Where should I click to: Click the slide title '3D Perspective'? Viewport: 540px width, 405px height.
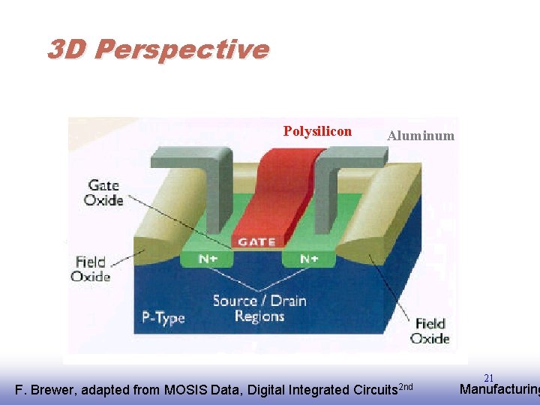(x=157, y=49)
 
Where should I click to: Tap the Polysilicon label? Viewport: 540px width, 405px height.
(x=317, y=131)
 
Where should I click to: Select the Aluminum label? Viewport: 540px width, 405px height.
(x=420, y=136)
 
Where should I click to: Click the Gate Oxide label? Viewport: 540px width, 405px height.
(x=103, y=192)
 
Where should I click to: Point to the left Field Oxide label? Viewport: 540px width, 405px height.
(x=91, y=268)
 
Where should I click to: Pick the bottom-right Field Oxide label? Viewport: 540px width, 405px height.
(x=430, y=330)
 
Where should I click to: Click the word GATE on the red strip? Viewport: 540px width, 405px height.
(x=256, y=241)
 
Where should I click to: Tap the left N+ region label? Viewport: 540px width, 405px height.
(x=208, y=259)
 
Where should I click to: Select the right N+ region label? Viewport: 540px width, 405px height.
(x=308, y=259)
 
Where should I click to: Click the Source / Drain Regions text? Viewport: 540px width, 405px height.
(x=259, y=308)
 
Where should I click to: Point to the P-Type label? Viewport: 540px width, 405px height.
(x=163, y=317)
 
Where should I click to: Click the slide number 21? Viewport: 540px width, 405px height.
(x=488, y=378)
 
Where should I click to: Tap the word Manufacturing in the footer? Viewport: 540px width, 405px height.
(x=499, y=389)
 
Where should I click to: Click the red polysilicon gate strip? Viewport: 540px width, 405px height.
(x=274, y=195)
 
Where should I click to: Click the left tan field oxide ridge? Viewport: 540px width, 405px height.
(x=161, y=225)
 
